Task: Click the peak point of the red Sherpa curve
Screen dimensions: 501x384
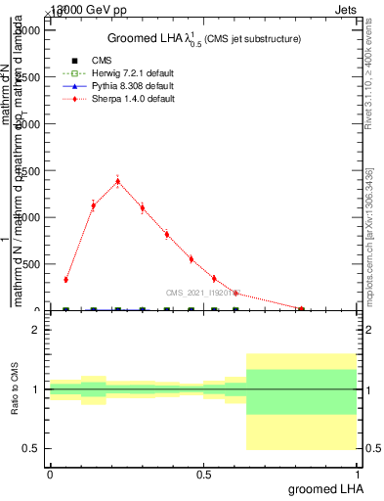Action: [x=117, y=181]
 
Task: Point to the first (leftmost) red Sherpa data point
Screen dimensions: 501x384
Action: [x=65, y=280]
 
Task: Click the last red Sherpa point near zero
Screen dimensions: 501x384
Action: [x=299, y=309]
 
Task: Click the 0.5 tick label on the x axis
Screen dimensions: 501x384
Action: [x=203, y=475]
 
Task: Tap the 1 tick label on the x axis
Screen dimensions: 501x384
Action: [x=358, y=475]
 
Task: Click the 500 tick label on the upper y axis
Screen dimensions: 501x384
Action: [x=30, y=264]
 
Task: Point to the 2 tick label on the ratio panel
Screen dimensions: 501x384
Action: [x=35, y=330]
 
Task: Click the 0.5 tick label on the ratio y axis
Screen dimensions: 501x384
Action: [x=30, y=449]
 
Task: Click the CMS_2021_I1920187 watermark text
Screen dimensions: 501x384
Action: [x=204, y=293]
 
